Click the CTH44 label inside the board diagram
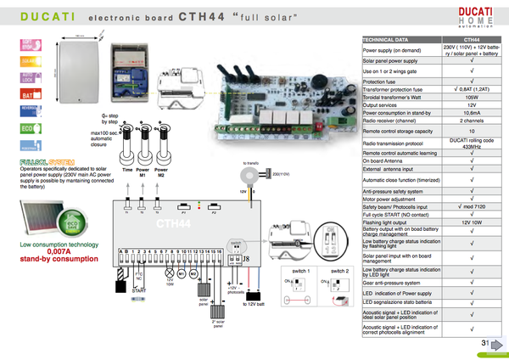tap(171, 223)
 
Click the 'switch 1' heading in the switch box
tap(301, 270)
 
